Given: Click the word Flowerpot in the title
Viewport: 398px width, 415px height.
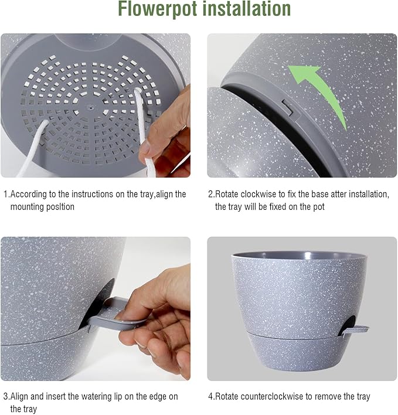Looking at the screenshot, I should click(156, 9).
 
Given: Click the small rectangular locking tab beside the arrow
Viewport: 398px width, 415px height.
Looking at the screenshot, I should click(287, 107).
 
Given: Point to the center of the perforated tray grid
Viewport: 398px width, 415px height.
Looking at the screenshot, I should click(89, 107).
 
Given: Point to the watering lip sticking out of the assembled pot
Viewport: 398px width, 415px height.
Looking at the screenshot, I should click(356, 332).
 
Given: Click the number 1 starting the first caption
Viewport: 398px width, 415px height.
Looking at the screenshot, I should click(5, 194).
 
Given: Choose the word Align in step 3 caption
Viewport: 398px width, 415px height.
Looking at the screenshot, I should click(21, 397).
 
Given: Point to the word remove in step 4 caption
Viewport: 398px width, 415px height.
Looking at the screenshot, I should click(332, 397).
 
